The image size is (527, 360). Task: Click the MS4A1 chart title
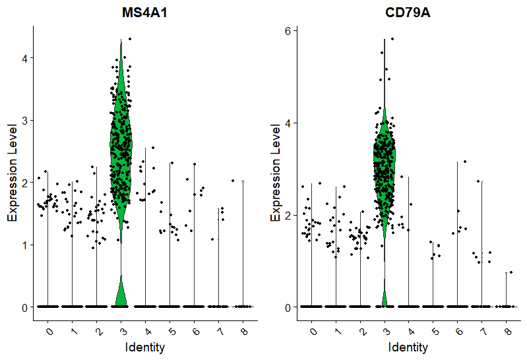144,13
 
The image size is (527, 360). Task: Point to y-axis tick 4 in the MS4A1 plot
25,59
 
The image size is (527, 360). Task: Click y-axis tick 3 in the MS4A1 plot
25,121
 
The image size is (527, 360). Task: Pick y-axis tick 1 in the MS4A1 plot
25,245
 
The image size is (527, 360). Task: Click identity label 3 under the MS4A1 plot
122,328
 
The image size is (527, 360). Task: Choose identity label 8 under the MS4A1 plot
243,328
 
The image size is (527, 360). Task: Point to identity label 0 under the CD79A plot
313,328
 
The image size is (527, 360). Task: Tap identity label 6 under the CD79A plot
458,328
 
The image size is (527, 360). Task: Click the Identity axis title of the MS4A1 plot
144,347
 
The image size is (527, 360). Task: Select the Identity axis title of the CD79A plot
408,347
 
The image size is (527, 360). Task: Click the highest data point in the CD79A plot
392,39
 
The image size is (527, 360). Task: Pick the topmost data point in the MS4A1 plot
130,39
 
